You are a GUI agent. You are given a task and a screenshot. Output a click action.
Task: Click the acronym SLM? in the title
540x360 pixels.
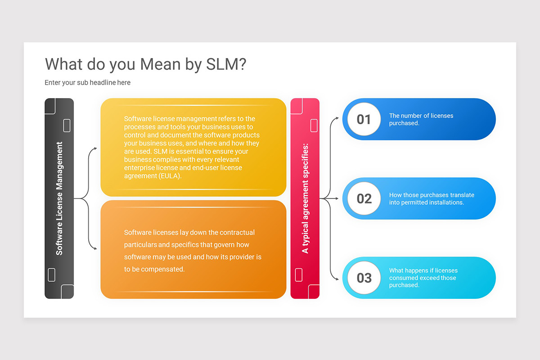226,64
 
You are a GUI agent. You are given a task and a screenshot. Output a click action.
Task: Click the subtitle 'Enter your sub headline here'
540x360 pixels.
87,82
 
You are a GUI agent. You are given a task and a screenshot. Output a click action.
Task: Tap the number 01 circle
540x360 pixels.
364,119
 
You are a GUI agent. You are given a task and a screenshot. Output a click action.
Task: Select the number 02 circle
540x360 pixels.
364,198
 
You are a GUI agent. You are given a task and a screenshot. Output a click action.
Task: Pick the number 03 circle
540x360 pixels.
364,278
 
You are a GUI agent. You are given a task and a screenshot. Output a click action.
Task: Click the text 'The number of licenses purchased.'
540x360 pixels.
421,119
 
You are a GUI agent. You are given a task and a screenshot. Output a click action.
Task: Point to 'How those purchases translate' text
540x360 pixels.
431,195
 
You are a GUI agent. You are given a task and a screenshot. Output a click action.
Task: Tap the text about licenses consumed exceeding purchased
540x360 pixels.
423,278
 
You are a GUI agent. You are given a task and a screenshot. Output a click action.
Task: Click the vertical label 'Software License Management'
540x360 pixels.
59,198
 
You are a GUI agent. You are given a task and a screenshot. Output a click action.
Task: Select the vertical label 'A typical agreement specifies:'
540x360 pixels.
305,198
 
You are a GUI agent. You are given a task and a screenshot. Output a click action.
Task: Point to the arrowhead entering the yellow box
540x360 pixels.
95,148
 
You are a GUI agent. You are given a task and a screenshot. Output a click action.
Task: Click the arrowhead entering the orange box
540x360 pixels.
95,248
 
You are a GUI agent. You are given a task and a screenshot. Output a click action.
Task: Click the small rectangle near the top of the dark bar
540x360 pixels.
67,126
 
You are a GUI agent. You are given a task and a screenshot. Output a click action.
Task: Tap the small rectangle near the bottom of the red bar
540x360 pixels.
298,274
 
